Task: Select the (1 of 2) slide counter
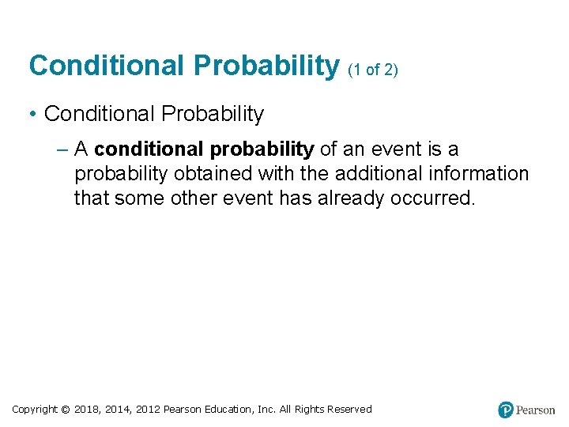point(373,70)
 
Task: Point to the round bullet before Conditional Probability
point(33,115)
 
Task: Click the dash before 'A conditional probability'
point(62,149)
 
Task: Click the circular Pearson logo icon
point(506,410)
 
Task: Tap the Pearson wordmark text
point(536,410)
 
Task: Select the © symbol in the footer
point(66,409)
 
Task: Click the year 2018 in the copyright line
point(87,409)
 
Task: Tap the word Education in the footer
point(232,409)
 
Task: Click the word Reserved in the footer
point(345,409)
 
